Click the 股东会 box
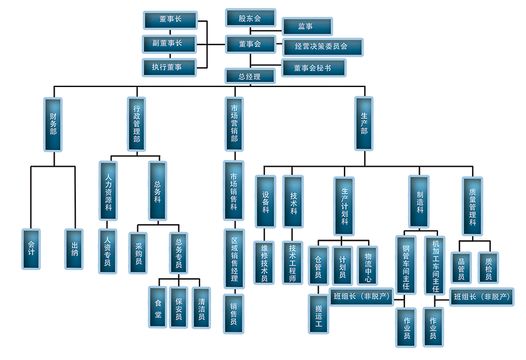point(249,18)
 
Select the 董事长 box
point(170,19)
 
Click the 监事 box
point(306,26)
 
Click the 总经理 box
point(249,76)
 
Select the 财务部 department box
point(53,124)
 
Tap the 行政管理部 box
point(137,124)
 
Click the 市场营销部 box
point(234,124)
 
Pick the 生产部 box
point(364,124)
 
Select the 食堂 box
point(158,307)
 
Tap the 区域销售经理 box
point(234,258)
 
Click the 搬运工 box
point(319,314)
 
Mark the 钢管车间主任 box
point(405,265)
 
